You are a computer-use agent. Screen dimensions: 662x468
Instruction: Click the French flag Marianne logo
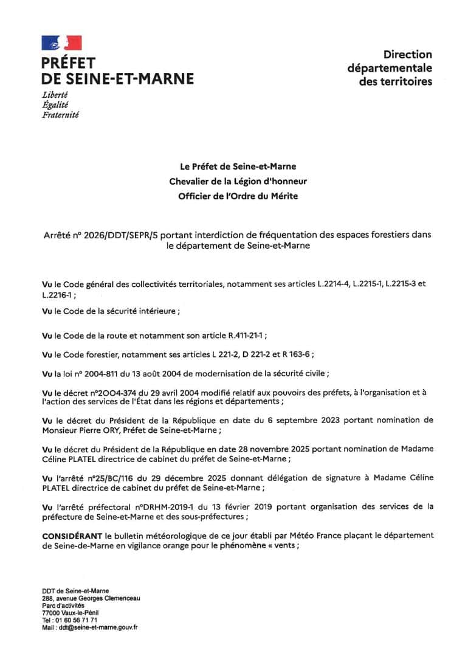(x=61, y=43)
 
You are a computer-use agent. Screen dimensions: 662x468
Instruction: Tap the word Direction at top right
(x=407, y=55)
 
